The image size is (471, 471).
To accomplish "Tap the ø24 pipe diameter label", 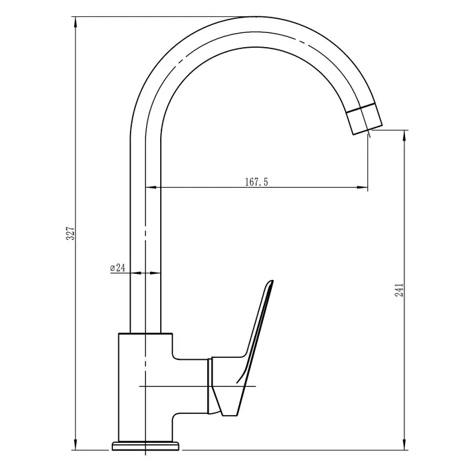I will (x=117, y=267).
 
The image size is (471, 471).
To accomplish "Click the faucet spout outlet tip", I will (x=366, y=129).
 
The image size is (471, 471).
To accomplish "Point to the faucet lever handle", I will (x=252, y=336).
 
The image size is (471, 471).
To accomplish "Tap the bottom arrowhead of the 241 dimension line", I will (x=404, y=445).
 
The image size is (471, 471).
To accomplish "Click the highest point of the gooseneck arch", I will (x=246, y=16).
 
